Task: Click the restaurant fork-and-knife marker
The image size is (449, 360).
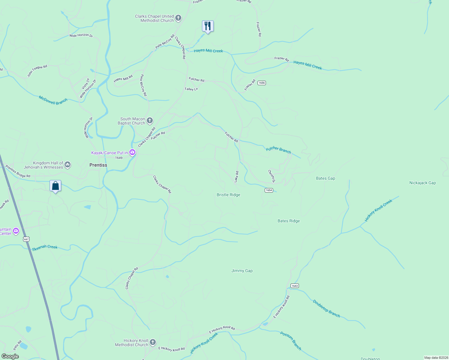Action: pyautogui.click(x=207, y=26)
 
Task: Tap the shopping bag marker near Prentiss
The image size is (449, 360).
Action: pyautogui.click(x=55, y=186)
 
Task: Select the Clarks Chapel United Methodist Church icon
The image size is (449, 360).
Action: pyautogui.click(x=178, y=18)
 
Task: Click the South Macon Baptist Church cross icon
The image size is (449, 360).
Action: pyautogui.click(x=149, y=121)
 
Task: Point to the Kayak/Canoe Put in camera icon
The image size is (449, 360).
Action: pyautogui.click(x=132, y=153)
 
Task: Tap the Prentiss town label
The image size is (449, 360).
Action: pyautogui.click(x=98, y=165)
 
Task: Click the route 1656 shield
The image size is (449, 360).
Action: pyautogui.click(x=262, y=83)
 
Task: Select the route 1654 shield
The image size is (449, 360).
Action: pyautogui.click(x=269, y=190)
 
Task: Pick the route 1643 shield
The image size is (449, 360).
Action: pyautogui.click(x=295, y=286)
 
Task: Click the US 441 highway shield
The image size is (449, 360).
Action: pyautogui.click(x=26, y=239)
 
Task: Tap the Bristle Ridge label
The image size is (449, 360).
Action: pyautogui.click(x=228, y=195)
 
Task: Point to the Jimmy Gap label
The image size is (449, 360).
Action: pyautogui.click(x=242, y=271)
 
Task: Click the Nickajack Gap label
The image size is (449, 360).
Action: pyautogui.click(x=423, y=183)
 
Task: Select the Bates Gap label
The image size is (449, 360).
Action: pyautogui.click(x=325, y=178)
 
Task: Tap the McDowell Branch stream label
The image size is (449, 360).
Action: pyautogui.click(x=53, y=100)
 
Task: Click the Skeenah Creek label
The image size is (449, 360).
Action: pyautogui.click(x=45, y=247)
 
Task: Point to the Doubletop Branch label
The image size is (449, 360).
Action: pyautogui.click(x=326, y=308)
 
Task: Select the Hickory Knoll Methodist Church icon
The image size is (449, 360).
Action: pyautogui.click(x=153, y=342)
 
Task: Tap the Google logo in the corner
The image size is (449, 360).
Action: pyautogui.click(x=10, y=356)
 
